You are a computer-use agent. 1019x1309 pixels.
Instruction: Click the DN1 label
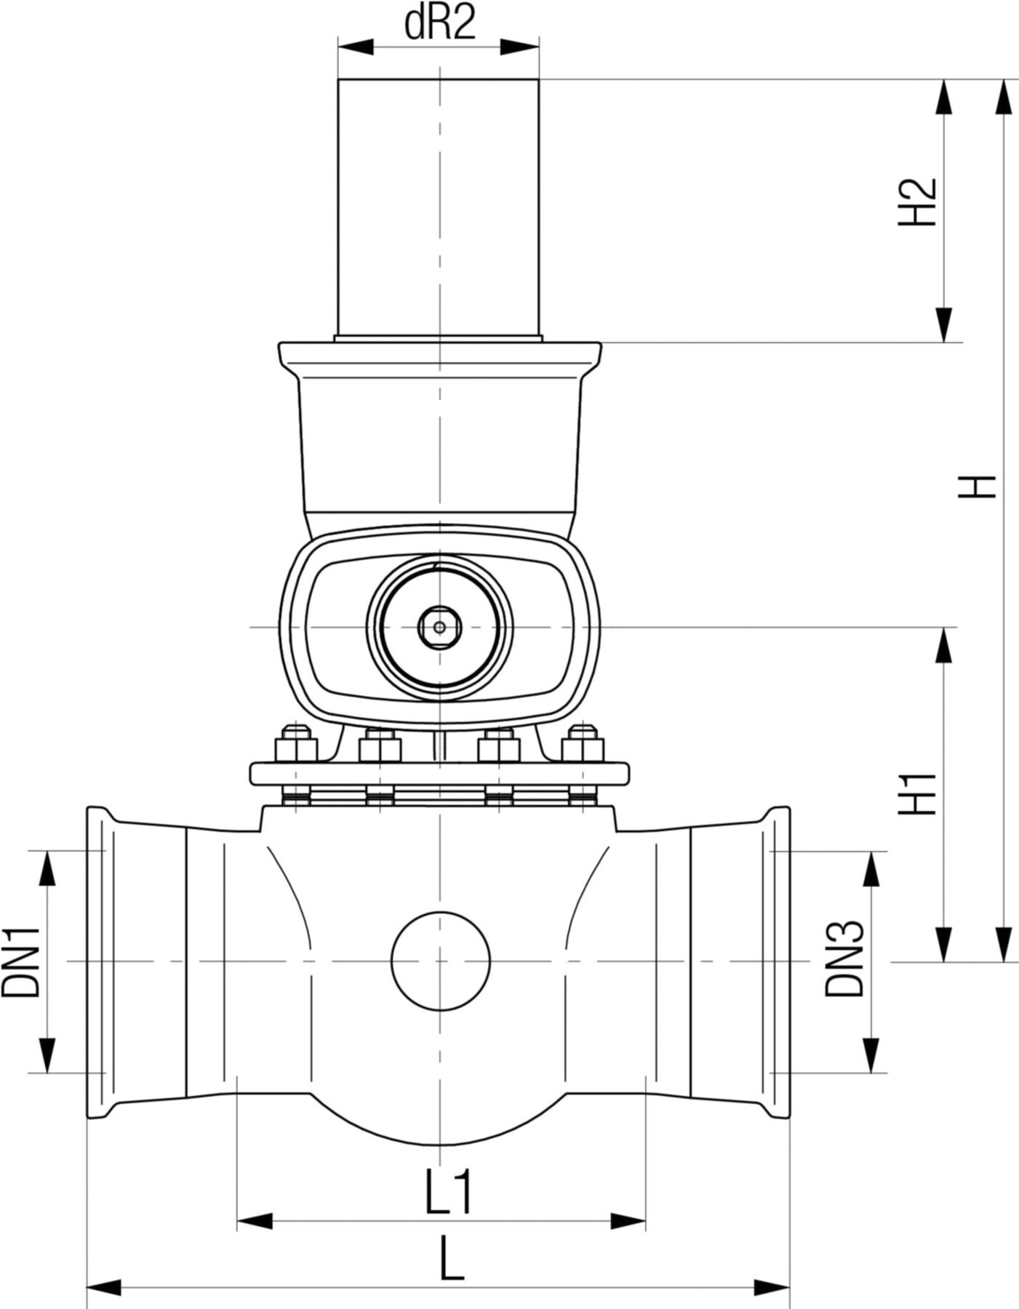[x=20, y=962]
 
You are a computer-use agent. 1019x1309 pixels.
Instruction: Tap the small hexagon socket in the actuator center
[x=439, y=626]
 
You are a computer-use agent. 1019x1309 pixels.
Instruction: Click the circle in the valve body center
[x=440, y=961]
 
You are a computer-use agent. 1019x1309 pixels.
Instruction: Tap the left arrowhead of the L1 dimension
[x=255, y=1221]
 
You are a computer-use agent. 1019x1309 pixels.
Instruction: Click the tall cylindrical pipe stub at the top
[x=439, y=207]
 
